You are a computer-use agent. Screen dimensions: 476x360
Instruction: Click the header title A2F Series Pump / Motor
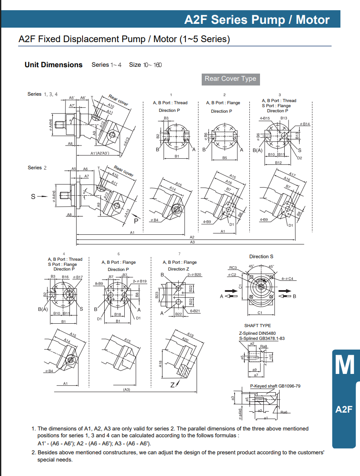point(257,20)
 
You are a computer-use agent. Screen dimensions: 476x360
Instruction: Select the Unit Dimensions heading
point(54,65)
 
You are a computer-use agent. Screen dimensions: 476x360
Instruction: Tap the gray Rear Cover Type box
point(230,79)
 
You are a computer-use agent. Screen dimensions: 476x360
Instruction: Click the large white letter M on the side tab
point(344,365)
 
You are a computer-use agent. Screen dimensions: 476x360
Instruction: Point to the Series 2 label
point(37,168)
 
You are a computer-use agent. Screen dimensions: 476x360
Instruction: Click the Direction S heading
point(261,257)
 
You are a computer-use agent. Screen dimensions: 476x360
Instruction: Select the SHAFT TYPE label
point(257,326)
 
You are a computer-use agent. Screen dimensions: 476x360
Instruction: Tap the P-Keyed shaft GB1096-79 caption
point(275,386)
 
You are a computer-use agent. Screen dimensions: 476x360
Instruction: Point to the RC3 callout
point(233,268)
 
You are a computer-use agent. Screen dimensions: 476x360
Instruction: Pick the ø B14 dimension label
point(305,124)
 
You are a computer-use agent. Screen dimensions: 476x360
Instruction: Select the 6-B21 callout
point(195,311)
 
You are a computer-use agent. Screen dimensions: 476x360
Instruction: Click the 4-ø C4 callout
point(288,279)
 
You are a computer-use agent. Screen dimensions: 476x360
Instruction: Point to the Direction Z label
point(177,269)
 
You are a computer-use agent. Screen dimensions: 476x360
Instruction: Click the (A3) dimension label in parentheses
point(126,390)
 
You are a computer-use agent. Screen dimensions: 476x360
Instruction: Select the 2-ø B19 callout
point(140,281)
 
